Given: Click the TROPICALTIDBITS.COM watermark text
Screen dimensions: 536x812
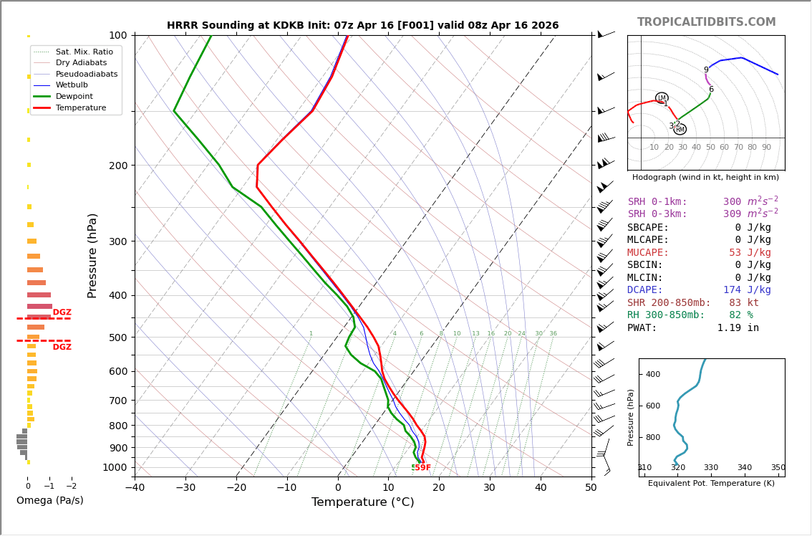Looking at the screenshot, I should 706,22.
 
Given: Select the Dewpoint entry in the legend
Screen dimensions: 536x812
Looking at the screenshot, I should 74,96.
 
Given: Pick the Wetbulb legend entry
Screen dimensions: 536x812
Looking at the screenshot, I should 72,85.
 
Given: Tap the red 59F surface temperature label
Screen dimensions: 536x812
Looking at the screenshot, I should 422,468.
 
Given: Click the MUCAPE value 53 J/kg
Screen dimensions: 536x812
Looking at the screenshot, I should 750,253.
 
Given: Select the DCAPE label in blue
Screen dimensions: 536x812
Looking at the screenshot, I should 645,290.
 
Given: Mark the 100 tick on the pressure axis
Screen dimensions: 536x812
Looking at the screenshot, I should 118,35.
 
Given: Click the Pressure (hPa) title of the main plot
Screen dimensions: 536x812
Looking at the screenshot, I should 92,255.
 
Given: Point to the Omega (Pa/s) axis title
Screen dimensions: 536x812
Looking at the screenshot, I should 50,501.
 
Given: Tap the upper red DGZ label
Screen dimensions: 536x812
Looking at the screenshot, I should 62,312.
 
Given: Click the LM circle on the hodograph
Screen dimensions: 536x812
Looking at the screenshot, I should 662,98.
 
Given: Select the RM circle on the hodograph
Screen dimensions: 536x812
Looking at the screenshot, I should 680,130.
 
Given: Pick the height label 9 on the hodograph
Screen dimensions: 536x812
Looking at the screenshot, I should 706,70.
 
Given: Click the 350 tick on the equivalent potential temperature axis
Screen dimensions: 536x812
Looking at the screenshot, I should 778,468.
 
